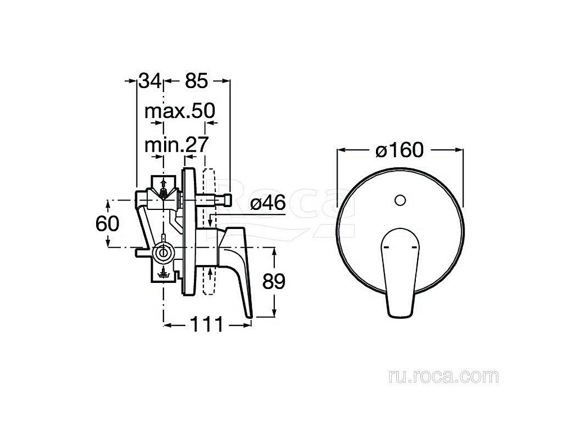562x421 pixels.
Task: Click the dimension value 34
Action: tap(150, 81)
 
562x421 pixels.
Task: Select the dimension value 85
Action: tap(196, 81)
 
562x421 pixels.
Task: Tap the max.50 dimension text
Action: tap(180, 111)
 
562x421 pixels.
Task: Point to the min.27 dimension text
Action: tap(176, 145)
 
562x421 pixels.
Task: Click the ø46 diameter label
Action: tap(268, 203)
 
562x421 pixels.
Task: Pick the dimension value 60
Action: tap(107, 224)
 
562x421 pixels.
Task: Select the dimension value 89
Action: tap(274, 281)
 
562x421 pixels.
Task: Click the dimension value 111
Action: tap(206, 324)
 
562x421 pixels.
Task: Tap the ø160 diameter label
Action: tap(399, 150)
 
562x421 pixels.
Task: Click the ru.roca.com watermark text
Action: tap(443, 377)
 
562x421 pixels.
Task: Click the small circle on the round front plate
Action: tap(400, 200)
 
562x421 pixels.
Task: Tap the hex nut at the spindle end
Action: tap(226, 200)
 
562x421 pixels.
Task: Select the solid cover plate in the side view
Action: tap(189, 232)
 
